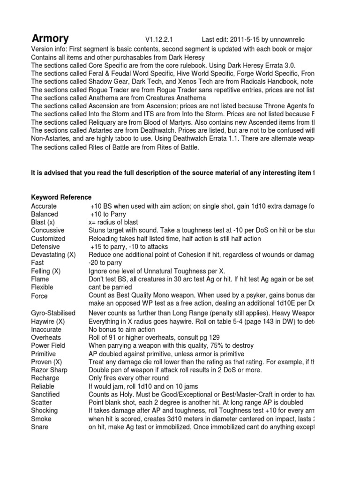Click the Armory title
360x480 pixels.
click(x=50, y=38)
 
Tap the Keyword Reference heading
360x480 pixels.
click(x=61, y=197)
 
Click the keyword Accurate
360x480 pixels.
click(x=44, y=206)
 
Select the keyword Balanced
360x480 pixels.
click(x=45, y=214)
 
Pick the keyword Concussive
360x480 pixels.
click(x=48, y=230)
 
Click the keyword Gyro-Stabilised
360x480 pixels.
click(x=52, y=313)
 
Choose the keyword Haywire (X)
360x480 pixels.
click(x=49, y=321)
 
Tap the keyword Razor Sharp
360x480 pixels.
click(x=49, y=370)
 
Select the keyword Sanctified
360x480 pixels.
click(x=46, y=394)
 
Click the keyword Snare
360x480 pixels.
click(x=39, y=427)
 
